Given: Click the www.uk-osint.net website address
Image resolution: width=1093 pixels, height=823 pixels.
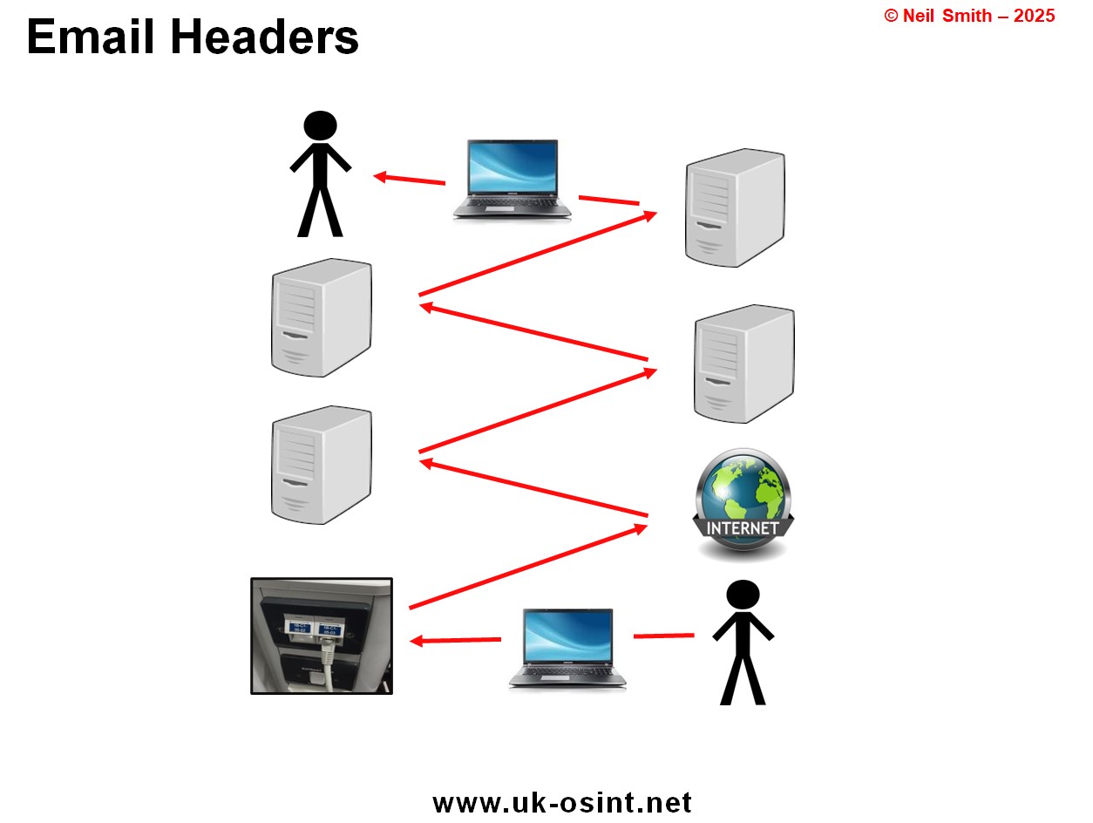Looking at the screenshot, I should (x=561, y=802).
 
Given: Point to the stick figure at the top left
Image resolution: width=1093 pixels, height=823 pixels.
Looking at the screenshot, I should (x=320, y=173).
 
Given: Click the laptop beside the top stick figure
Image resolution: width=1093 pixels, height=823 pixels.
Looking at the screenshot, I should (x=512, y=178).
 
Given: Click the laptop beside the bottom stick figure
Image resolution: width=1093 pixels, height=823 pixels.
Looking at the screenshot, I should (x=567, y=649).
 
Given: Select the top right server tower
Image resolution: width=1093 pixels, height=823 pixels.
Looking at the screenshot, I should (x=735, y=207).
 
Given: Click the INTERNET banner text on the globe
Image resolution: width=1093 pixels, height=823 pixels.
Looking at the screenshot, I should (x=742, y=528).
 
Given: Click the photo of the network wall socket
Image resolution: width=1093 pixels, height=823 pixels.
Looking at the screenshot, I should (x=322, y=636).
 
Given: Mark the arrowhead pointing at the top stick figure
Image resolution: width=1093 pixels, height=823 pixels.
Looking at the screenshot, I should (x=380, y=177).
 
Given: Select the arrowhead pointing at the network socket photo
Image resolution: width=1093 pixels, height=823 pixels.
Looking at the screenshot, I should (x=417, y=641).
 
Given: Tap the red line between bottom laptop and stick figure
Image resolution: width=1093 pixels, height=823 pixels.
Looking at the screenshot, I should (x=663, y=636).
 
